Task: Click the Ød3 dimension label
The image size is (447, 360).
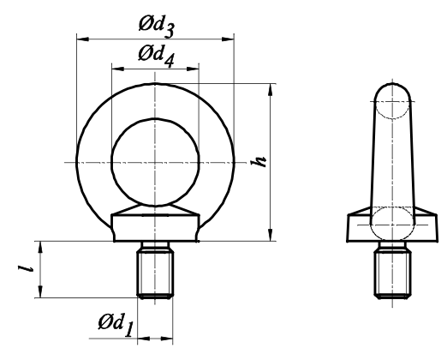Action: point(156,27)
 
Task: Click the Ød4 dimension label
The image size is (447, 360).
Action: point(156,57)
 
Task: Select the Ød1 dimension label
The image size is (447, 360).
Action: point(116,325)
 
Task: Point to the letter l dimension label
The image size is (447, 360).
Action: point(26,268)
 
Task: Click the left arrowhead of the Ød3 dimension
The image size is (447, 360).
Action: point(83,39)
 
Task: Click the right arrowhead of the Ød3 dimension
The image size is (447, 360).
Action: point(228,39)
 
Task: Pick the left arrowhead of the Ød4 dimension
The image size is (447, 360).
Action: point(118,69)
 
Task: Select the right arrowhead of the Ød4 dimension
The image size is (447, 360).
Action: point(193,69)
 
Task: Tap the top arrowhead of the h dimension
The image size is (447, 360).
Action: point(271,90)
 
